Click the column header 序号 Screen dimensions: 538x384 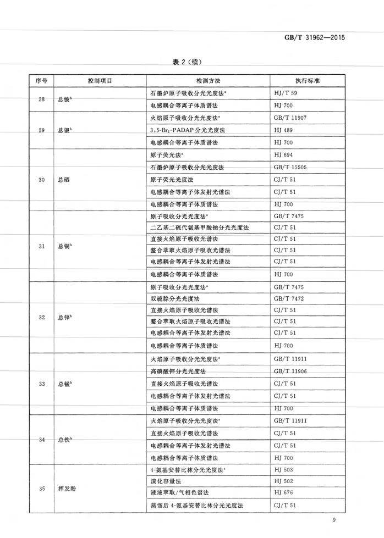pyautogui.click(x=41, y=81)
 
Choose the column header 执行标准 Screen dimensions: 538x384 pyautogui.click(x=306, y=81)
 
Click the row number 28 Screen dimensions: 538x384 pyautogui.click(x=41, y=99)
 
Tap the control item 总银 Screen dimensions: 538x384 pyautogui.click(x=65, y=130)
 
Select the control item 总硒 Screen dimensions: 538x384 pyautogui.click(x=63, y=180)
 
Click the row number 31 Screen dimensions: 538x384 pyautogui.click(x=41, y=246)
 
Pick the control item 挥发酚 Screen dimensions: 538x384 pyautogui.click(x=66, y=488)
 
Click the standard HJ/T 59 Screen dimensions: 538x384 pyautogui.click(x=285, y=93)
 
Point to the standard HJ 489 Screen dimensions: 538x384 pyautogui.click(x=283, y=130)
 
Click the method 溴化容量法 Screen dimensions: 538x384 pyautogui.click(x=166, y=481)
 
